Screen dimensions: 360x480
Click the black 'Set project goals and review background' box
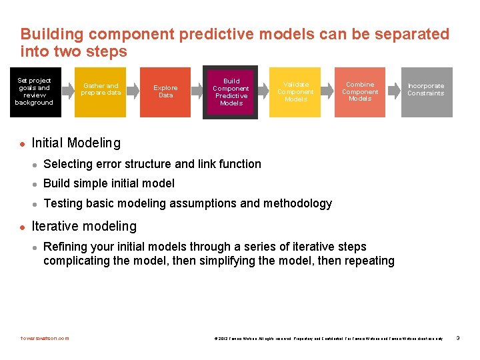click(34, 92)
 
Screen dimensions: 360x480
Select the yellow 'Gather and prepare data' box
click(101, 92)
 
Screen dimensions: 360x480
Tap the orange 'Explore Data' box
click(165, 92)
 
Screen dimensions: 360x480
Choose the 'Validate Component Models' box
click(295, 92)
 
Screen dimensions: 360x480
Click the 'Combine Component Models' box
click(360, 92)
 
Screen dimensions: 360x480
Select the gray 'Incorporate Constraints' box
click(426, 92)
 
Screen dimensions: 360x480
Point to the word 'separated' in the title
click(399, 34)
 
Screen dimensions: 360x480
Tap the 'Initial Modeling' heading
click(76, 143)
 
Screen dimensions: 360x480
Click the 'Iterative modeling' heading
click(84, 227)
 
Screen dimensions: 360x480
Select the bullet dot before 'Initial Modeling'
click(22, 143)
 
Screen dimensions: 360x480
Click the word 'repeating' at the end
click(368, 261)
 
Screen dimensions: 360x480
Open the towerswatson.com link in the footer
click(45, 338)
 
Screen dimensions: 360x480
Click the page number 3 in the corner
click(458, 338)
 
